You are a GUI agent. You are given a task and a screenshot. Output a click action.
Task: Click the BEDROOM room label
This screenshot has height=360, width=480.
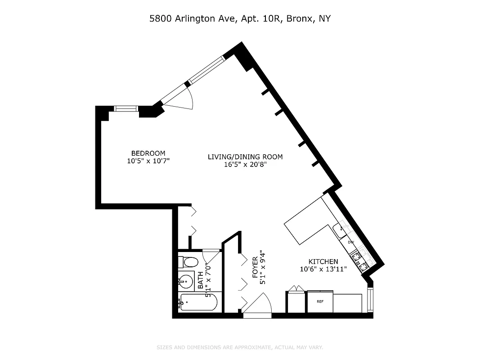148,153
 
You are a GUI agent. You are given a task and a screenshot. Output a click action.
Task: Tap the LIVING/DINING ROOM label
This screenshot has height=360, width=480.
245,157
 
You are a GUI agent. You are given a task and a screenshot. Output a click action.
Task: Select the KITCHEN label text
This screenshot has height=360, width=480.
323,261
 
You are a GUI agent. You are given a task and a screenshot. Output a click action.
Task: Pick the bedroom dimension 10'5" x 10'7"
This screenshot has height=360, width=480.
148,160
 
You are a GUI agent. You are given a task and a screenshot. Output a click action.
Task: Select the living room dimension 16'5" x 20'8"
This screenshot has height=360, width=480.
245,164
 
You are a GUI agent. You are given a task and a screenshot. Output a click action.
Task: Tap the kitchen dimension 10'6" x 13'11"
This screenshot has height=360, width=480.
323,269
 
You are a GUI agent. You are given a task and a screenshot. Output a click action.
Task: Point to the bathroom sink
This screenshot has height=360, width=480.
185,282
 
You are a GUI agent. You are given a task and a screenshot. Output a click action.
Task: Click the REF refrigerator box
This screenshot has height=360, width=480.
320,301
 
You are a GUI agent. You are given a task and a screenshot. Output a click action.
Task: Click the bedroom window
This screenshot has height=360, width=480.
126,108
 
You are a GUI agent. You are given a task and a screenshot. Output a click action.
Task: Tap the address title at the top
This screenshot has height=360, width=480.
240,19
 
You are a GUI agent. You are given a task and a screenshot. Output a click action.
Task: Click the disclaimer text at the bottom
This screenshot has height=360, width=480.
240,347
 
